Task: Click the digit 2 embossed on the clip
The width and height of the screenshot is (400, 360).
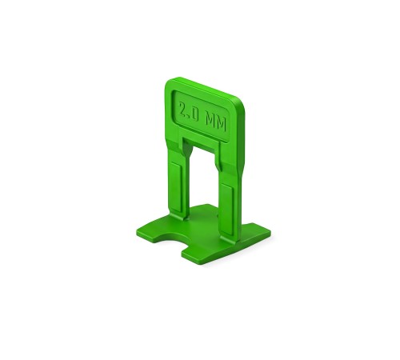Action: click(x=182, y=110)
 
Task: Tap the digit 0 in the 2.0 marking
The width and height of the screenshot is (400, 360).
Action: click(x=194, y=114)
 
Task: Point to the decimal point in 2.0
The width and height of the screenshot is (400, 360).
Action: click(x=189, y=118)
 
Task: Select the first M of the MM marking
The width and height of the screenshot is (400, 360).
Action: click(x=210, y=121)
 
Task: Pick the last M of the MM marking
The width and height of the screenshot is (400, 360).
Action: click(x=221, y=124)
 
